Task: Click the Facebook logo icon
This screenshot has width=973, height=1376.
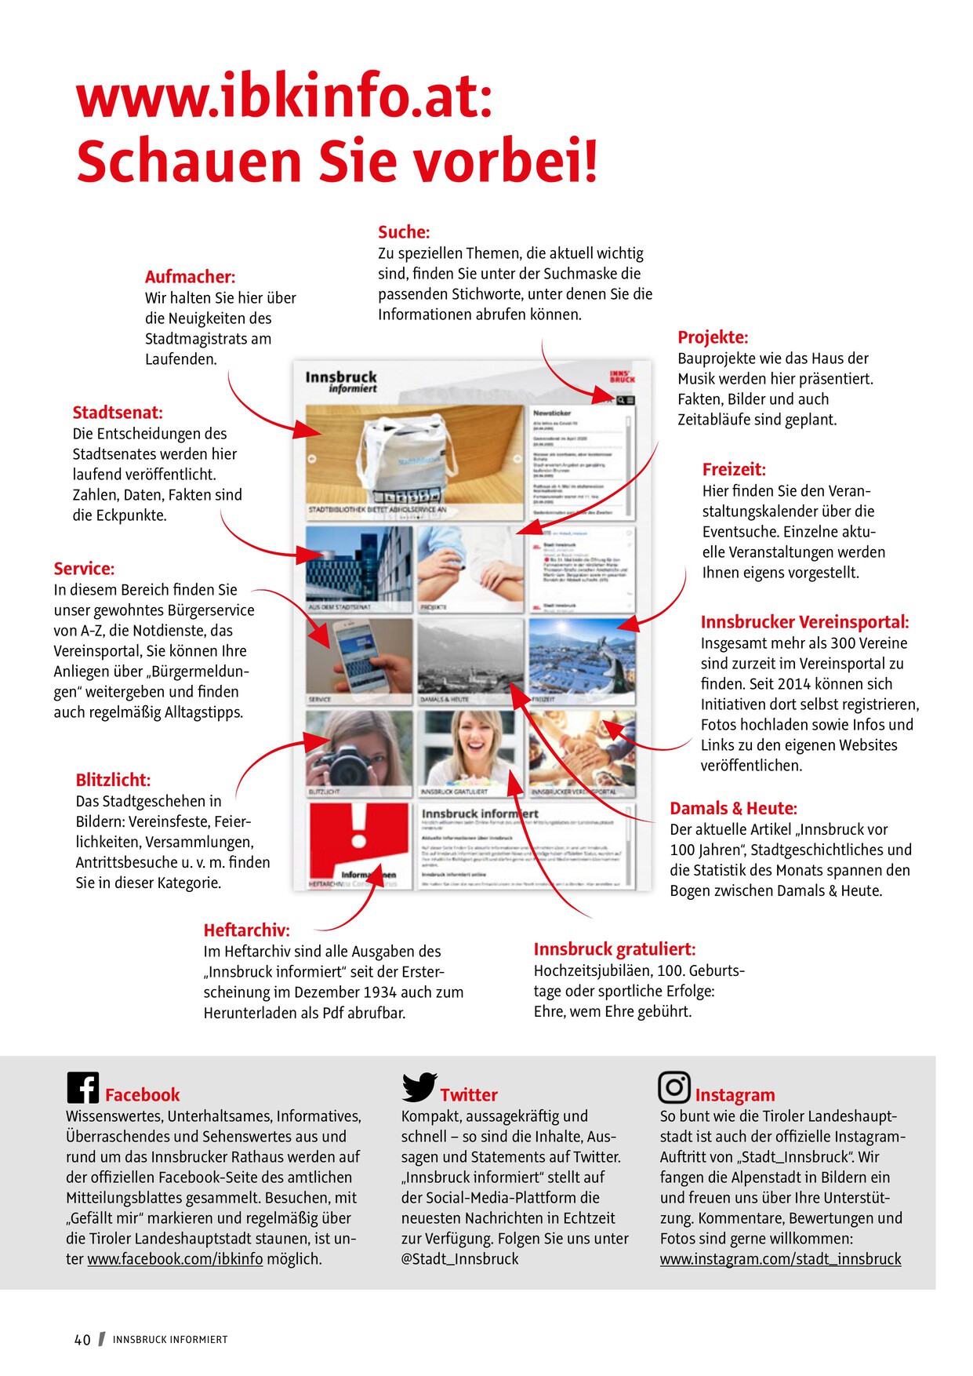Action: [x=82, y=1087]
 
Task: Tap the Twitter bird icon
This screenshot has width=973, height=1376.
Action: [x=419, y=1087]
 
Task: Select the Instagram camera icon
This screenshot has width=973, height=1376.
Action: [x=673, y=1087]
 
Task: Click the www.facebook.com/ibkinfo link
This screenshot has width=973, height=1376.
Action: [x=175, y=1259]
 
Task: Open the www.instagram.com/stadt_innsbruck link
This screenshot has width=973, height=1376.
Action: [x=780, y=1259]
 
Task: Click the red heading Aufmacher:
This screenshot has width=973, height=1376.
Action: [x=190, y=277]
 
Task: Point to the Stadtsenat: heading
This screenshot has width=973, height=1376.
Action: [x=118, y=413]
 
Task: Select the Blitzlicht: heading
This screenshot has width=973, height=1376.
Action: [x=113, y=780]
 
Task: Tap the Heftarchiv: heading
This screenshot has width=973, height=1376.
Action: [x=246, y=930]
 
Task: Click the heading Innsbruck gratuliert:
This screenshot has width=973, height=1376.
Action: [x=614, y=949]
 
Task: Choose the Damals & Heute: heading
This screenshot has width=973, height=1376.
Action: [x=733, y=809]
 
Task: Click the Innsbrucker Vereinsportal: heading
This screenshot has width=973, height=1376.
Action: [x=804, y=622]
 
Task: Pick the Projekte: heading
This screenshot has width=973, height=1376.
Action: [x=713, y=337]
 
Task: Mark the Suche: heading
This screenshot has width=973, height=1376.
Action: [x=404, y=232]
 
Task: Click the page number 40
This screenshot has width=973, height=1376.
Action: [x=82, y=1340]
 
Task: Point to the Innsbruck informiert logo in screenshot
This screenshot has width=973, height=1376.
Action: [x=341, y=381]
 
